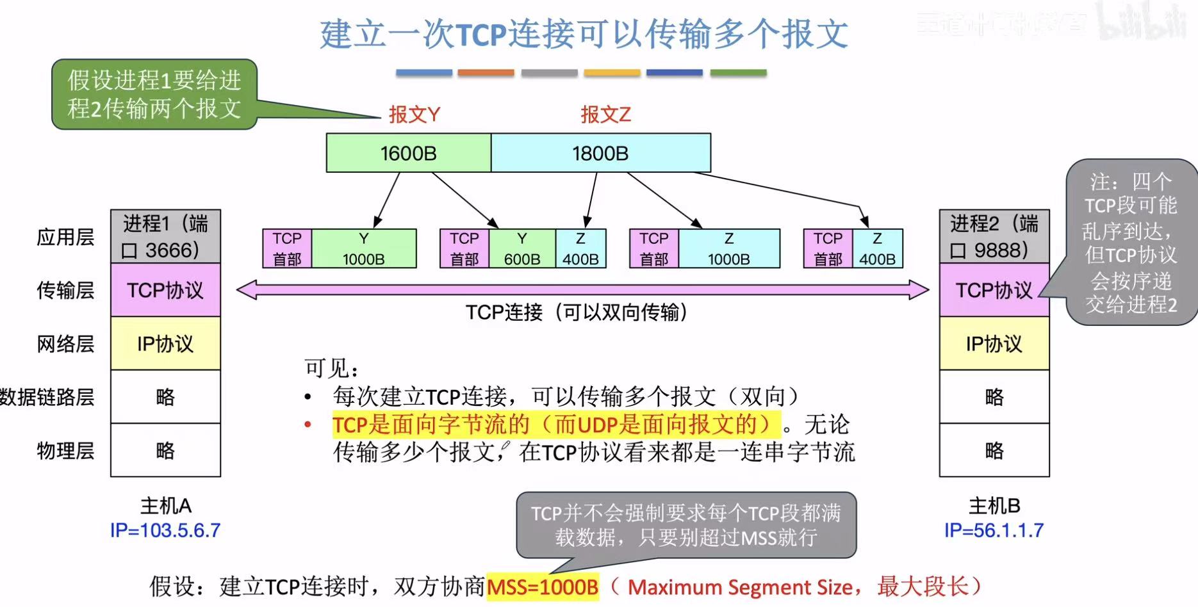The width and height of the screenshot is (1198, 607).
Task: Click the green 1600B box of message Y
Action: [x=408, y=153]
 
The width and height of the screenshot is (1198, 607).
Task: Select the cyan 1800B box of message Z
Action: [x=600, y=153]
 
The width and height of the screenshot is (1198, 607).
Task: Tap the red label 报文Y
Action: [x=414, y=115]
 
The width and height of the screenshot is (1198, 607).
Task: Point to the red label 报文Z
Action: [x=605, y=115]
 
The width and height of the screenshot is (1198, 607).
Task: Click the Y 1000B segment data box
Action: [x=363, y=248]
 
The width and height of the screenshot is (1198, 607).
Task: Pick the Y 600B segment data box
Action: [x=521, y=248]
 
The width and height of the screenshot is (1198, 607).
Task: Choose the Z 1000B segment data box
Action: [x=728, y=248]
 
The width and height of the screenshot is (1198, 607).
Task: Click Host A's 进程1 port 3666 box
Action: [x=165, y=236]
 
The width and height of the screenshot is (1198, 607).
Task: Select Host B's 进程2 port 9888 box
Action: [x=994, y=236]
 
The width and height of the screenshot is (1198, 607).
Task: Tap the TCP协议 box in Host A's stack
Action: [x=165, y=290]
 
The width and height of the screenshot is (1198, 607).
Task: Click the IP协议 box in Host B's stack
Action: [x=994, y=344]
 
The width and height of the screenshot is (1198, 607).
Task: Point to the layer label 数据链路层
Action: [x=47, y=397]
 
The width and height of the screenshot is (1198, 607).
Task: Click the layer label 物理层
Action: [x=65, y=451]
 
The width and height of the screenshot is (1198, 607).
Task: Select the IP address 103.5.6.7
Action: [x=165, y=530]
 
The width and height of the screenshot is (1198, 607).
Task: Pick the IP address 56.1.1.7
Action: [x=994, y=530]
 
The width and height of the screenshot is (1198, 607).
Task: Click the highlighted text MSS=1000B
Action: [x=543, y=587]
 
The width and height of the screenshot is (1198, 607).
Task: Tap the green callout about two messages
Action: [x=154, y=95]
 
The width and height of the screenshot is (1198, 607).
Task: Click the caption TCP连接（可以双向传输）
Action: [x=577, y=312]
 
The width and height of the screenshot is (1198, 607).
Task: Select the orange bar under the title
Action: [x=486, y=73]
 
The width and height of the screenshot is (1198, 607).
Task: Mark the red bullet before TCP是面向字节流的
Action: [x=308, y=425]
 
